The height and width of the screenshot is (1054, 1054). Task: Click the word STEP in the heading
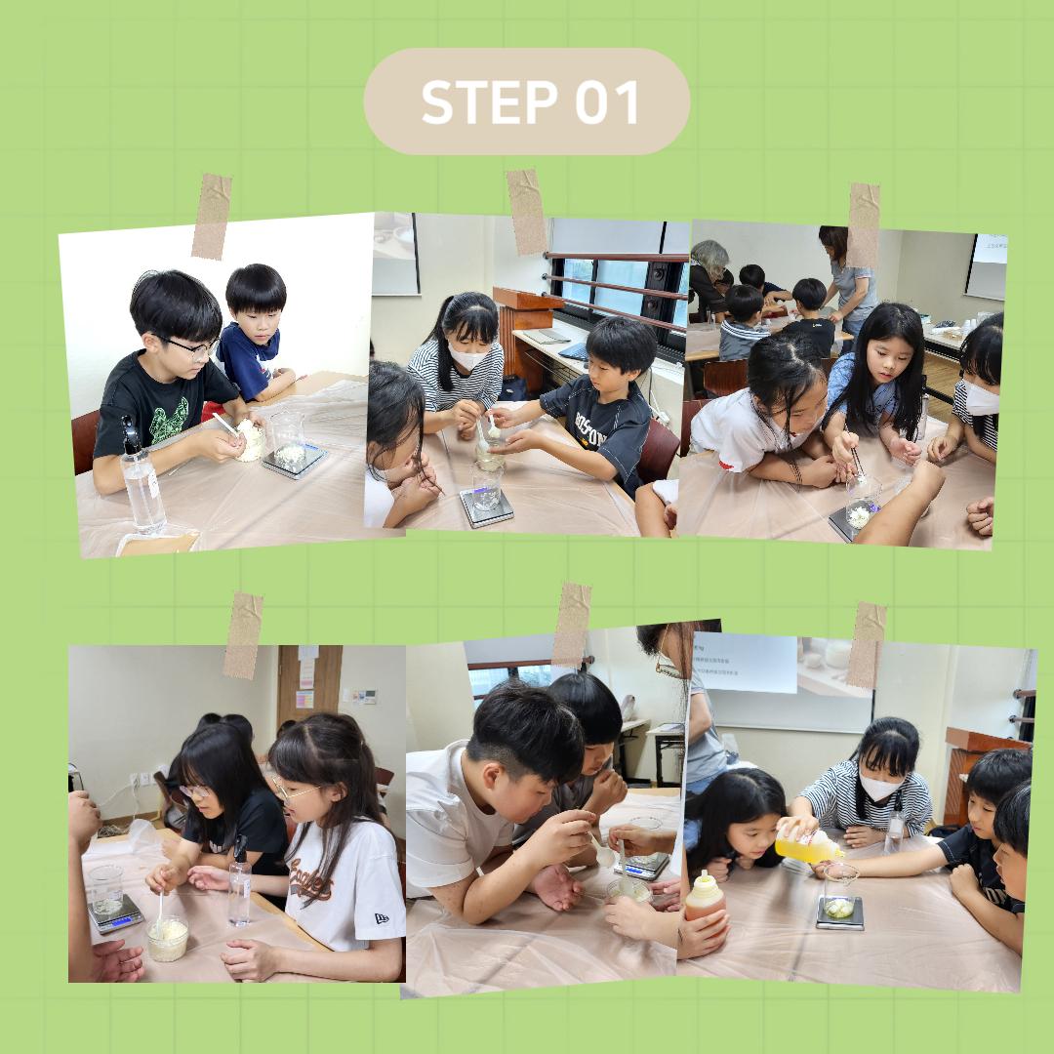pos(489,101)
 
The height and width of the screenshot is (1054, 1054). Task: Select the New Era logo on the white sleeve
pos(381,917)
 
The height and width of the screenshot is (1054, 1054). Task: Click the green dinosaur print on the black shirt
pos(168,418)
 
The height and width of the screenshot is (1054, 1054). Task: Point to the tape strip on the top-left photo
pos(212,216)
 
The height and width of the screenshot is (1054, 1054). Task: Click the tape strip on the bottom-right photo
pos(866,645)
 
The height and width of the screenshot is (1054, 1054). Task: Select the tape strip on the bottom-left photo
pos(242,635)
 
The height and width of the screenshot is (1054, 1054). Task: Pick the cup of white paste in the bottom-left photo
pos(168,939)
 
